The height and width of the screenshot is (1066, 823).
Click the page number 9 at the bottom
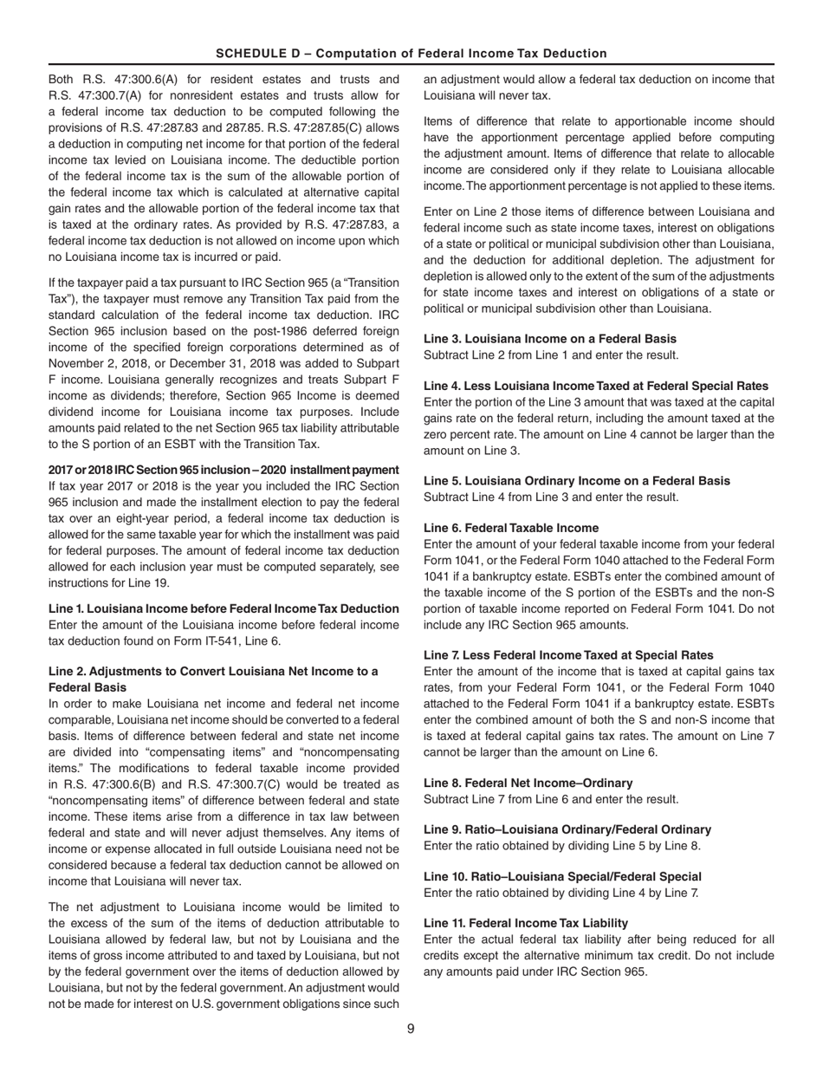point(411,1029)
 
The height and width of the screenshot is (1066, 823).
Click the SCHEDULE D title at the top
point(411,53)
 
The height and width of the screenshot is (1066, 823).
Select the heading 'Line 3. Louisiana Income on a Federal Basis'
point(550,339)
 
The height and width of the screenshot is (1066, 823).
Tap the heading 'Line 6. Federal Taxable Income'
point(510,527)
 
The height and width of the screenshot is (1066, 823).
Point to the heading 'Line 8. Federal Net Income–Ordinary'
point(528,783)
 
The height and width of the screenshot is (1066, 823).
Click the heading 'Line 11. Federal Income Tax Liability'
point(526,923)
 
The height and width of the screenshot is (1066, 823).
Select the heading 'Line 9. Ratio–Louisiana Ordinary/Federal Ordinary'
point(567,829)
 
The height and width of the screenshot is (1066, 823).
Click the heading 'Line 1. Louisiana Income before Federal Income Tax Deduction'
point(224,608)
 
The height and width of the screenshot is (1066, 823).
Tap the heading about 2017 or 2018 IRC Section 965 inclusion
point(224,469)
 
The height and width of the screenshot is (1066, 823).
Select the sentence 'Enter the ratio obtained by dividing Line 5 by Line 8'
point(562,846)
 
